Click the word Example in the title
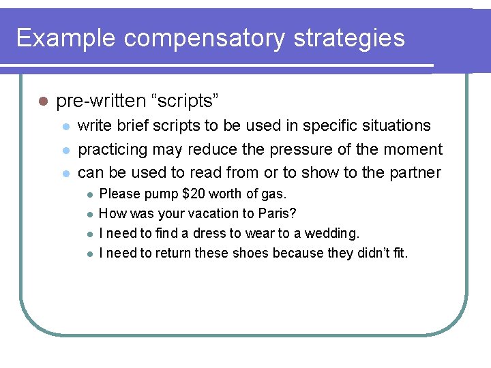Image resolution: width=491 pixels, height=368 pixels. point(65,38)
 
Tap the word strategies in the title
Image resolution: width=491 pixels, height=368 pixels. point(350,38)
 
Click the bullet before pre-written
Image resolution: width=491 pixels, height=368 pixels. point(42,102)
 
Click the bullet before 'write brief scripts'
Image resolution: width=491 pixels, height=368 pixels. point(65,126)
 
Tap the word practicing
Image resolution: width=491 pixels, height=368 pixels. point(113,149)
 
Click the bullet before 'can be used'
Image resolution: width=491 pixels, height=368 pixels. point(65,173)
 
